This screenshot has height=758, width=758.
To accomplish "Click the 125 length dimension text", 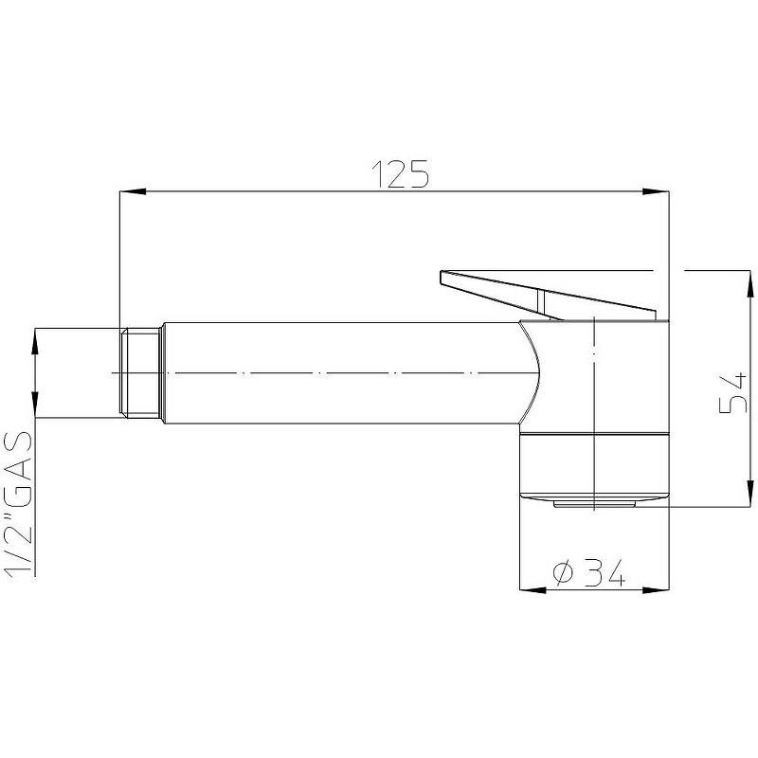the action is click(x=400, y=174).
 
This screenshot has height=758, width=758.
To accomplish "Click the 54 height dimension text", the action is click(x=733, y=393).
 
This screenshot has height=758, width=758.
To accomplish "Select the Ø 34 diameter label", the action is click(x=588, y=572).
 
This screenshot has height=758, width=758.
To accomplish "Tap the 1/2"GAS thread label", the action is click(x=18, y=504).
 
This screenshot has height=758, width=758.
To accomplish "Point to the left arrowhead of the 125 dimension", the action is click(x=133, y=191).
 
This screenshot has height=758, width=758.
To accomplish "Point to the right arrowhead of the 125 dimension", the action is click(x=656, y=191).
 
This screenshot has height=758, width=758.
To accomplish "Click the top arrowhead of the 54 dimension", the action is click(x=749, y=283).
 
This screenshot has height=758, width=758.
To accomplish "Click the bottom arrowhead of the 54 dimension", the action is click(x=749, y=494).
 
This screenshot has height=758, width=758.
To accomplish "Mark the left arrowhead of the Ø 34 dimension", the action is click(x=532, y=589).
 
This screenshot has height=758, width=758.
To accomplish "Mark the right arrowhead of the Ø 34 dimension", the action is click(x=656, y=589).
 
